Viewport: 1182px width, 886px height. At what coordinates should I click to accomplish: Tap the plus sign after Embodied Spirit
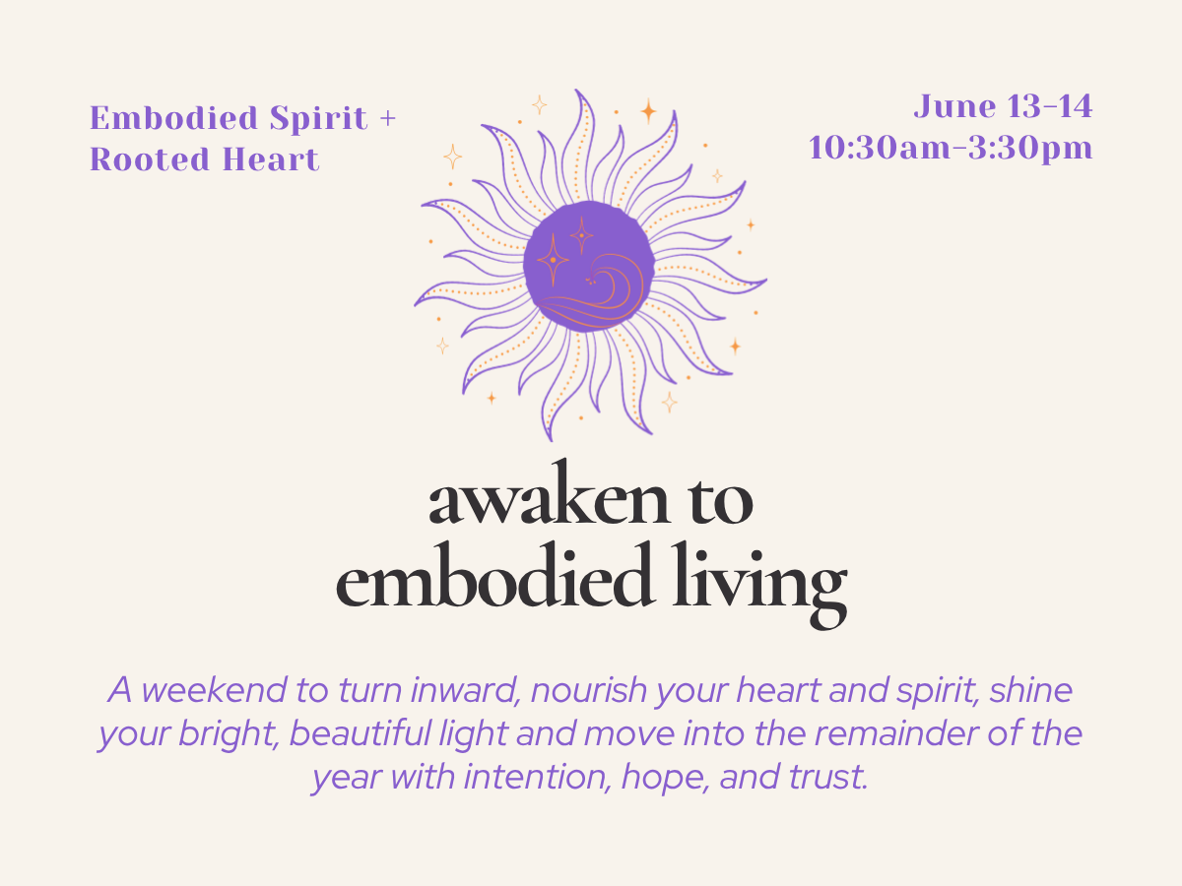click(387, 119)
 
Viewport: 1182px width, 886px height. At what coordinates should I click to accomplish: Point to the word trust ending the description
click(825, 778)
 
